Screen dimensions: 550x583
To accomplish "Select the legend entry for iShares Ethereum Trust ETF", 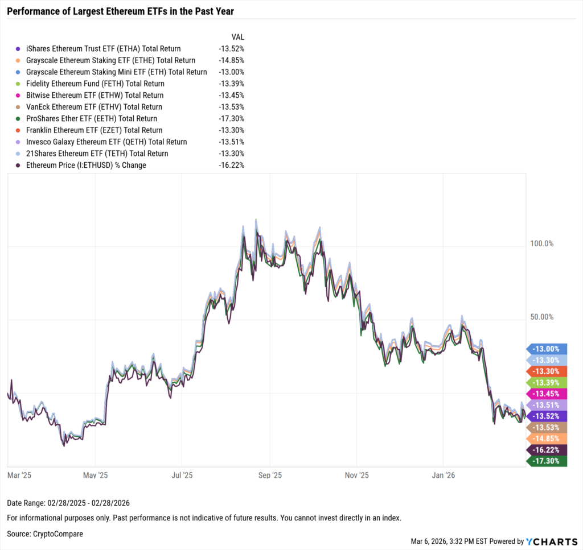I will [107, 49].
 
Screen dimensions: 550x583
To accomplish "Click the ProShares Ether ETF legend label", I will [95, 118].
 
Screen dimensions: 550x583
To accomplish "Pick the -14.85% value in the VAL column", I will [231, 60].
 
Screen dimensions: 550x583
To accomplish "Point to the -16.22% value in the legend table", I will [231, 165].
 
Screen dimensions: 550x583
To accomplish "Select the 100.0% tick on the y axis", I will [541, 243].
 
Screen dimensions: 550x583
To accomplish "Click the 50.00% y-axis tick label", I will [541, 317].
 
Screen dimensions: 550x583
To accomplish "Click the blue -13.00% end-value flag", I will [548, 349].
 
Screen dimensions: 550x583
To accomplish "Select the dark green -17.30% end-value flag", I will [548, 461].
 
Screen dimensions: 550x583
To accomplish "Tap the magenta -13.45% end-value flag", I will [548, 394].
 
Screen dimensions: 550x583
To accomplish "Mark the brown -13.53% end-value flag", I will [548, 427].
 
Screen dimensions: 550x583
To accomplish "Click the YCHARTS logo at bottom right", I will [551, 541].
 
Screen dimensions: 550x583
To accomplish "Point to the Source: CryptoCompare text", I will [45, 534].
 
